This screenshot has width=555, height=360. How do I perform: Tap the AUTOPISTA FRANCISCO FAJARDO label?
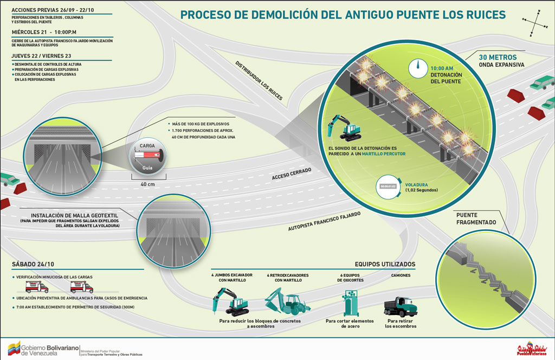324,221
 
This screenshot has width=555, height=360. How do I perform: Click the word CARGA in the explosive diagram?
147,146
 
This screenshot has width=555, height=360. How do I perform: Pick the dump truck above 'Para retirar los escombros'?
401,306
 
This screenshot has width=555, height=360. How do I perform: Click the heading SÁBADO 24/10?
33,264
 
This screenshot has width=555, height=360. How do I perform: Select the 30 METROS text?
498,57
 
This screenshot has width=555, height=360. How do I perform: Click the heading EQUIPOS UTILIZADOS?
385,265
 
